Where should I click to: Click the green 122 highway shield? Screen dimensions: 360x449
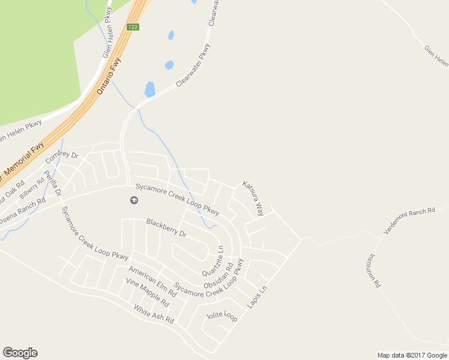[x=133, y=27]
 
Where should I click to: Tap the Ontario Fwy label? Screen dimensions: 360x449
[x=109, y=76]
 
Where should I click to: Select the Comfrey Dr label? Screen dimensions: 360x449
[x=62, y=159]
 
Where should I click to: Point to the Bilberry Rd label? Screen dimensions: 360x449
[x=32, y=187]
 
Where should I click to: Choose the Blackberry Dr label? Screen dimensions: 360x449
[x=166, y=229]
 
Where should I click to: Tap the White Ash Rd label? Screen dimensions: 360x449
[x=153, y=314]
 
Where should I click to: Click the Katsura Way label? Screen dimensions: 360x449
[x=253, y=198]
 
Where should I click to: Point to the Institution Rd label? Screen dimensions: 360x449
[x=375, y=271]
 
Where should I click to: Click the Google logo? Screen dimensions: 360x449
[x=20, y=353]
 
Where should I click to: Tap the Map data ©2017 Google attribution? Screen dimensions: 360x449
[x=412, y=355]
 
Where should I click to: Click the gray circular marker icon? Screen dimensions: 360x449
[x=134, y=200]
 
